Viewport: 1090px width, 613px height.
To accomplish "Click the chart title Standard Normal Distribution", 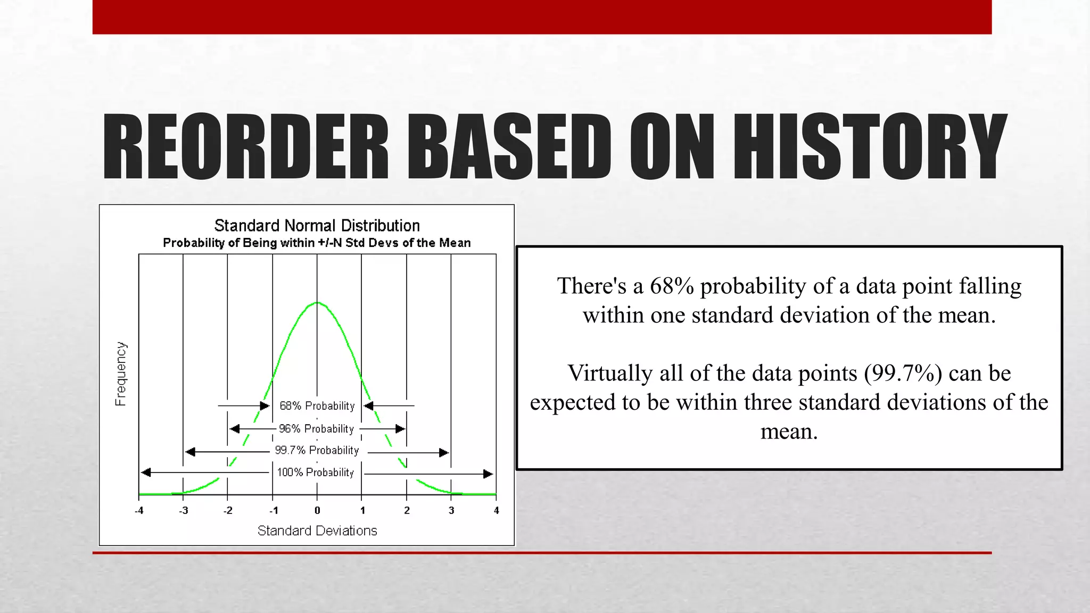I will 317,226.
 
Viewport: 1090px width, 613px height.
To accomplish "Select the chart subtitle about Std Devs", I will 317,243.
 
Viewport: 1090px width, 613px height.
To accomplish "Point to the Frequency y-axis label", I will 121,374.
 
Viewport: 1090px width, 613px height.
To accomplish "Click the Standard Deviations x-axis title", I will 317,531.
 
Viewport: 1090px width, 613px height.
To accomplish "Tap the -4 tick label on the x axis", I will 139,511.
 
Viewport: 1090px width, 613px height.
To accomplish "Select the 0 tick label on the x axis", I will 317,511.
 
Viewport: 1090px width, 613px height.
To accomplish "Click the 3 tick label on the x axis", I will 451,511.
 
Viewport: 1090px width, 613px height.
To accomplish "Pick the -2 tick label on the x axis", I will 228,511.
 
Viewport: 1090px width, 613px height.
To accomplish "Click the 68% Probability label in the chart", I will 317,406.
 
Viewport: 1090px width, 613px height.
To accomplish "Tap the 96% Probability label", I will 317,429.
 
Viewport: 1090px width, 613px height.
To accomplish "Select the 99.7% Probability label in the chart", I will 317,451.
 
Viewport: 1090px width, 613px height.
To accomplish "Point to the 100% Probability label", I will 316,473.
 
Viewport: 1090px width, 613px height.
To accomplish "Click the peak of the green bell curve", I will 317,303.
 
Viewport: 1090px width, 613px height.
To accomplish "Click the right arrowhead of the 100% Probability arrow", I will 488,474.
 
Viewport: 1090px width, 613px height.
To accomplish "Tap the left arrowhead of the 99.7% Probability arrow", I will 190,452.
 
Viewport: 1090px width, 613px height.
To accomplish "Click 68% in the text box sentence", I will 672,286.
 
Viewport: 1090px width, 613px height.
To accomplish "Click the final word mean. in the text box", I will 789,432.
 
